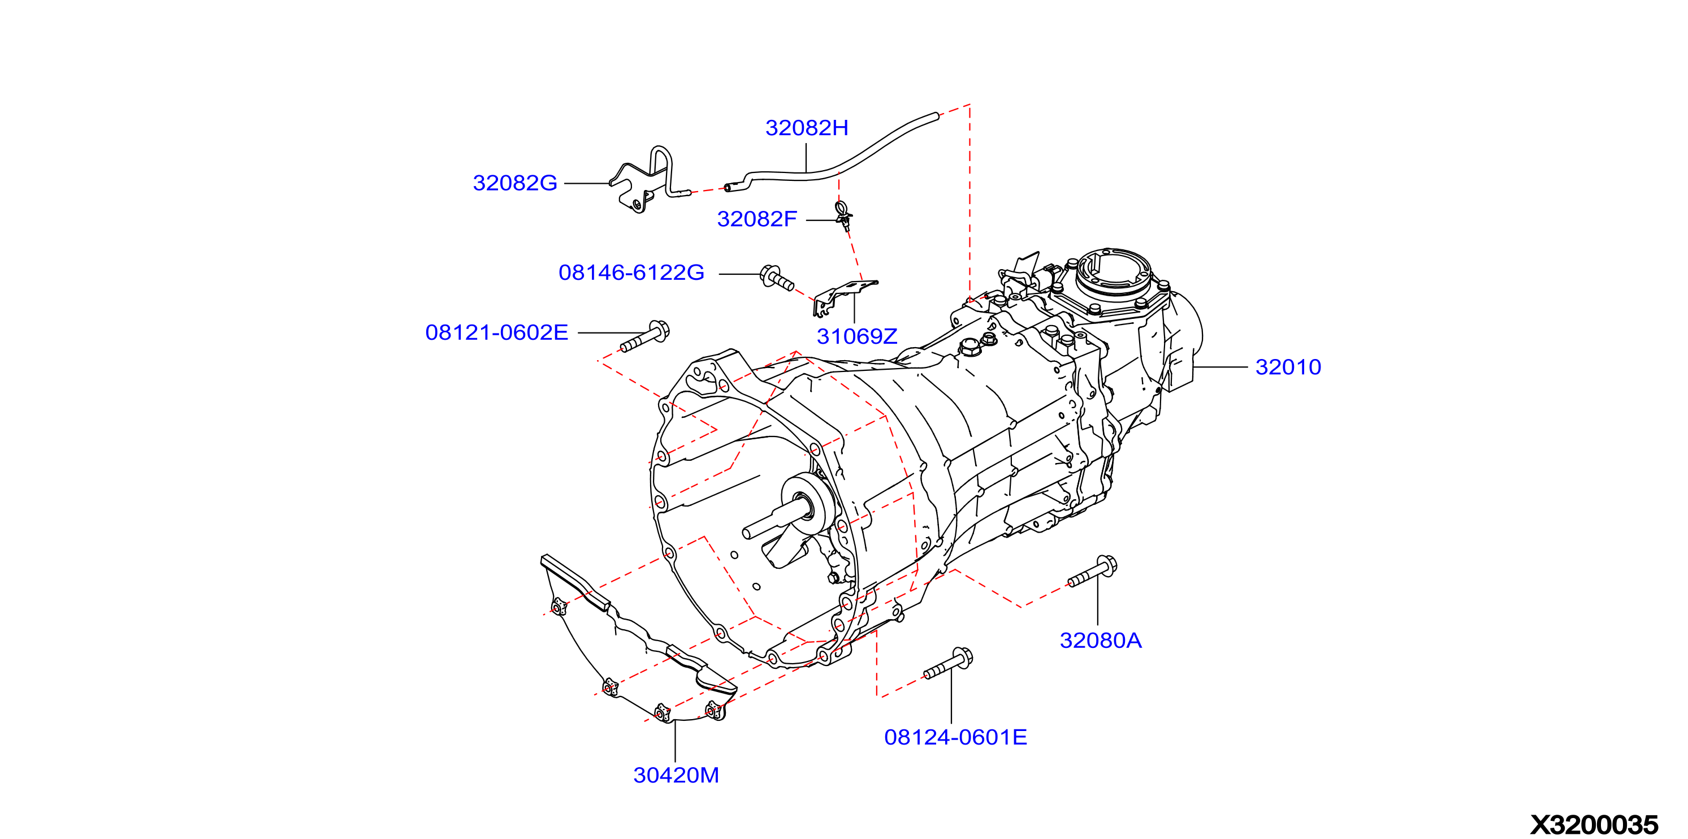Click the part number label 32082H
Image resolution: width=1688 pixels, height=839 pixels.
tap(807, 128)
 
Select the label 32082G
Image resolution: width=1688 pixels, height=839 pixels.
tap(515, 183)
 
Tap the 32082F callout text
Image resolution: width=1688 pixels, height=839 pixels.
tap(757, 219)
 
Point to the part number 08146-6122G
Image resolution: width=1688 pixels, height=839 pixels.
tap(631, 273)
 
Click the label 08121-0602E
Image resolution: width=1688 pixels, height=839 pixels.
tap(497, 332)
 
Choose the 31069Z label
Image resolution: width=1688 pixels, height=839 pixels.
tap(856, 336)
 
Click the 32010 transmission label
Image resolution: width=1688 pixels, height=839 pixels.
tap(1288, 367)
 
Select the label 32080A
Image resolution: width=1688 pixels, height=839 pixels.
tap(1101, 641)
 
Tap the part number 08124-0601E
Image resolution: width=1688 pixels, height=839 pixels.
tap(955, 737)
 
